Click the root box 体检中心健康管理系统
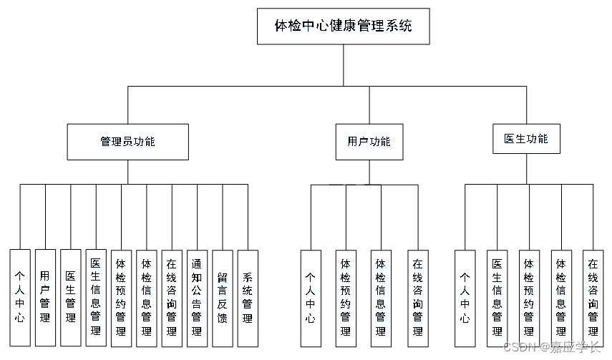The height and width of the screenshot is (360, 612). pos(344,26)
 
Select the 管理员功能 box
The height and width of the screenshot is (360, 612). pos(128,141)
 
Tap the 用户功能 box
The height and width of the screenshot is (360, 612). pos(369,141)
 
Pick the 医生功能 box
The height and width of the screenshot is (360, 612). pos(526,139)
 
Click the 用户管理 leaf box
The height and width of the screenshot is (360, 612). pos(45,296)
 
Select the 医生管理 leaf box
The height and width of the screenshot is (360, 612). pos(70,296)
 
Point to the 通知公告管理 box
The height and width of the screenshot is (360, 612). pos(197,297)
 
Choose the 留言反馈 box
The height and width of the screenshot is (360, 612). pos(222,297)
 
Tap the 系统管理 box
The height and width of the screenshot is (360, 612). pos(248,297)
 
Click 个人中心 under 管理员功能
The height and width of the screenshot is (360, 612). pos(20,297)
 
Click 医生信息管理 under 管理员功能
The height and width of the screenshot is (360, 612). pos(96,297)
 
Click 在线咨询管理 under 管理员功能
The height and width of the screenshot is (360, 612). pos(172,297)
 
